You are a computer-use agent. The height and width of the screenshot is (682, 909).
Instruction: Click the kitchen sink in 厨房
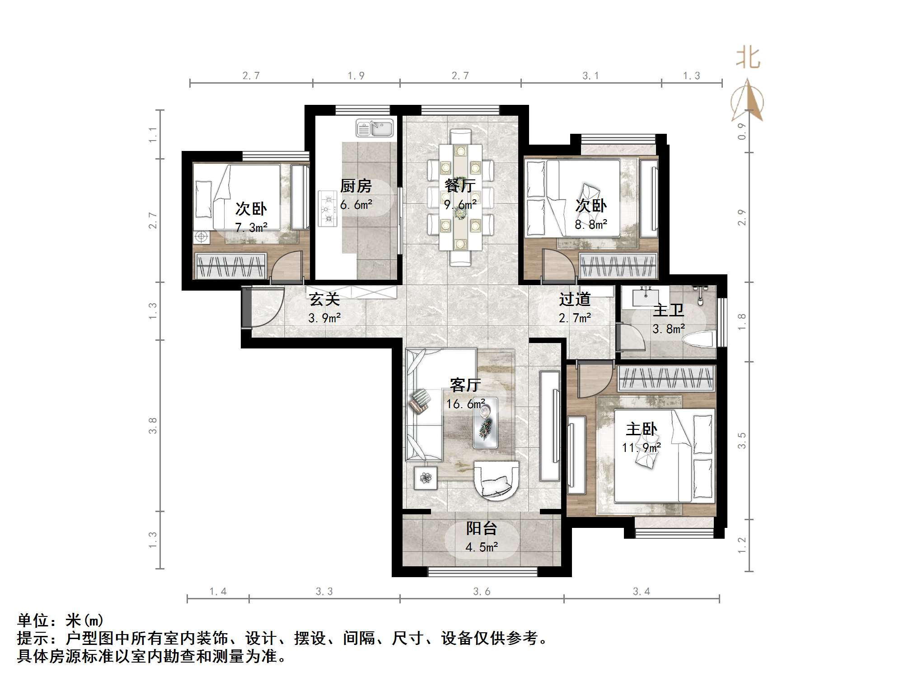(375, 128)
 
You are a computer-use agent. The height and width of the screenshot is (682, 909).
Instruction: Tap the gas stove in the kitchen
(328, 208)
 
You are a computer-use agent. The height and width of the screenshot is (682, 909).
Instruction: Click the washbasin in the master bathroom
(646, 297)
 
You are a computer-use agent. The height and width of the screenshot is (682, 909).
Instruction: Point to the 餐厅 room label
(460, 185)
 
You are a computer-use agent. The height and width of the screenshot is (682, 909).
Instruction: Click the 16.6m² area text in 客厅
(466, 404)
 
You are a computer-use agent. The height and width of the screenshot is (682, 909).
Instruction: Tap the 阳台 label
(482, 528)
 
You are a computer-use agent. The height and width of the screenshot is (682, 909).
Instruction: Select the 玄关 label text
(324, 299)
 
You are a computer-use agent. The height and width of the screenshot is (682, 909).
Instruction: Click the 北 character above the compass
(748, 58)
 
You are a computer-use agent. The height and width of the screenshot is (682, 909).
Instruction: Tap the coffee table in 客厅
(486, 423)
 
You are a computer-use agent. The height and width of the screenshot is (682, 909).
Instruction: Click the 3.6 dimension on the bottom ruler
(482, 592)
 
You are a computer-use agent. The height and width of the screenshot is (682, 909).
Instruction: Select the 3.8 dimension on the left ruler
(153, 426)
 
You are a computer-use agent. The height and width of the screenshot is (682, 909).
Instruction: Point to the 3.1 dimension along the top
(590, 76)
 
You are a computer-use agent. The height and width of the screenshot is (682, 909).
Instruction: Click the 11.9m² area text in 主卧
(642, 448)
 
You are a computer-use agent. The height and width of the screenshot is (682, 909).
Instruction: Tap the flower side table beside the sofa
(426, 478)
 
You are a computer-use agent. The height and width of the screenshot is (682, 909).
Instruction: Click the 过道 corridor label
(575, 299)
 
